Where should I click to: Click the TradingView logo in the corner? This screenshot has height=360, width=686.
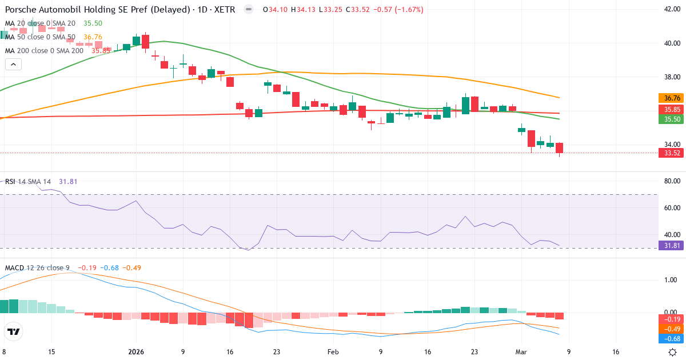14,331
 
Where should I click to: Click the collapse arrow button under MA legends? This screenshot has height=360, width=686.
13,65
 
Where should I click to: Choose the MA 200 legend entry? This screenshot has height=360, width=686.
44,50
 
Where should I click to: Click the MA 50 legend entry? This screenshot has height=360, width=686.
40,37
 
